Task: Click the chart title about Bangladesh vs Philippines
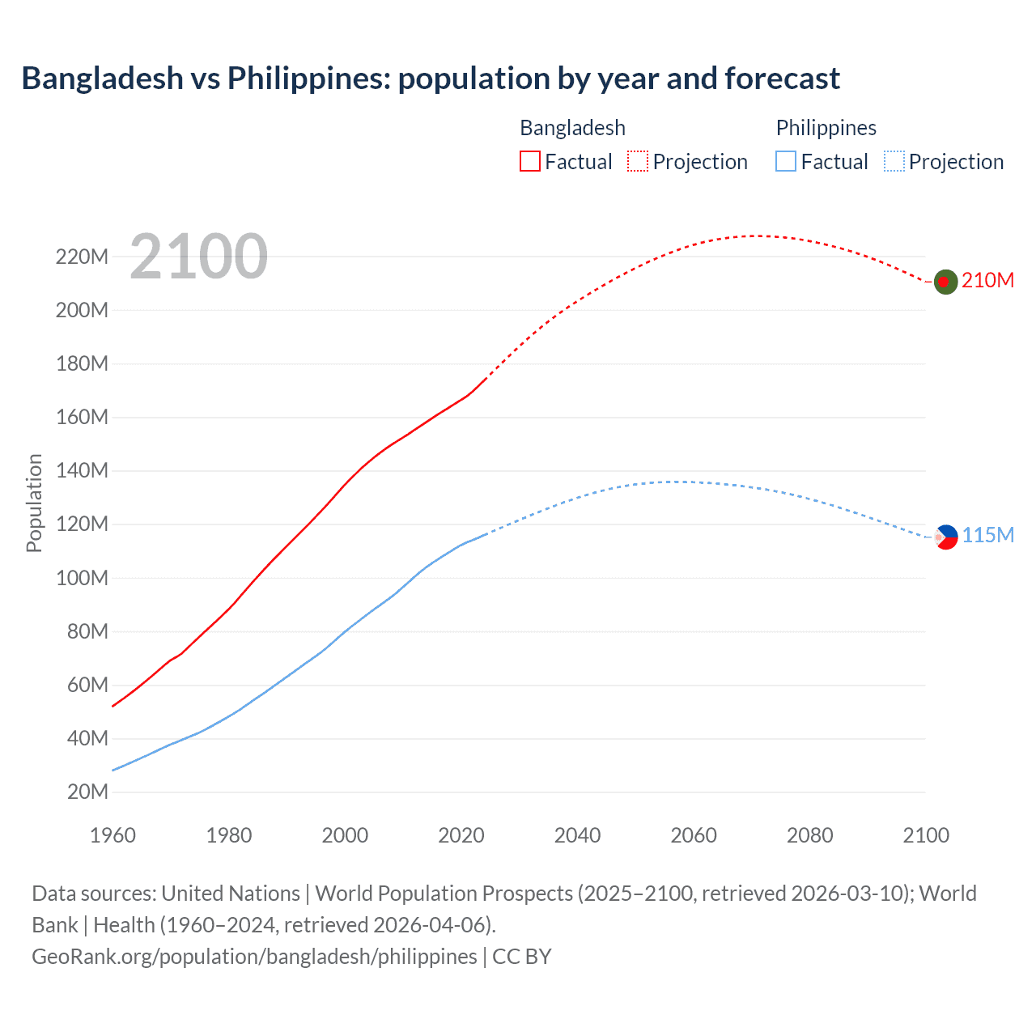[430, 79]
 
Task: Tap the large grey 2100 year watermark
[198, 257]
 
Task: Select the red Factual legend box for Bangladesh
[529, 161]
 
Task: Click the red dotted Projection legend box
[638, 161]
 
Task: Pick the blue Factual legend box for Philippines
[785, 161]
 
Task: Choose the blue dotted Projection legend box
[894, 161]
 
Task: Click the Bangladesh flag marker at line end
[945, 282]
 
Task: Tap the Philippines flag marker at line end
[945, 537]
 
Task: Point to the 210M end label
[987, 280]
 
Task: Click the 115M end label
[987, 535]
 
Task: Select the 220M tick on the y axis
[82, 257]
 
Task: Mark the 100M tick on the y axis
[82, 578]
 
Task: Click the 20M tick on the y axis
[87, 792]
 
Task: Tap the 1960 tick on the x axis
[113, 835]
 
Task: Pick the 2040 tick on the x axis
[577, 835]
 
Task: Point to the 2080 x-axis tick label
[809, 835]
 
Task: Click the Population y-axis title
[34, 503]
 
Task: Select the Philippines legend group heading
[826, 128]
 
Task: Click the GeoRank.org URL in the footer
[254, 957]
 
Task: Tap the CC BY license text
[522, 957]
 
